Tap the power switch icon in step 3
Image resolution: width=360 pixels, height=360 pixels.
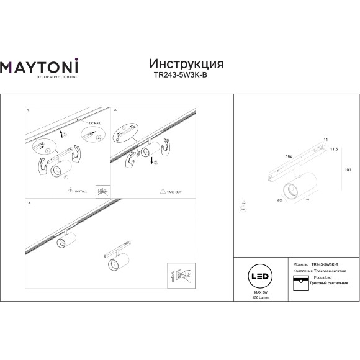[177, 274]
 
